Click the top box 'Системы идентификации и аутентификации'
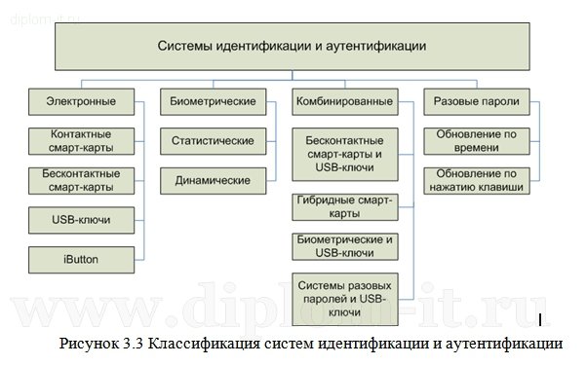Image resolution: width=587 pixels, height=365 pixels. [x=293, y=46]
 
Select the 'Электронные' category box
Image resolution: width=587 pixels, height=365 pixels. [x=81, y=100]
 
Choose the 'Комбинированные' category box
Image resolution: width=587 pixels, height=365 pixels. [x=342, y=100]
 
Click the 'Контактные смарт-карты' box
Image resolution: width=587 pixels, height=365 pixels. [x=81, y=141]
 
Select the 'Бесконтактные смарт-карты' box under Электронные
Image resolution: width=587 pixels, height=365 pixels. [x=81, y=180]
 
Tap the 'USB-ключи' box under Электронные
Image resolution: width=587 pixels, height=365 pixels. [x=81, y=220]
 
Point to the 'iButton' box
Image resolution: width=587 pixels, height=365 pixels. [x=81, y=259]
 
